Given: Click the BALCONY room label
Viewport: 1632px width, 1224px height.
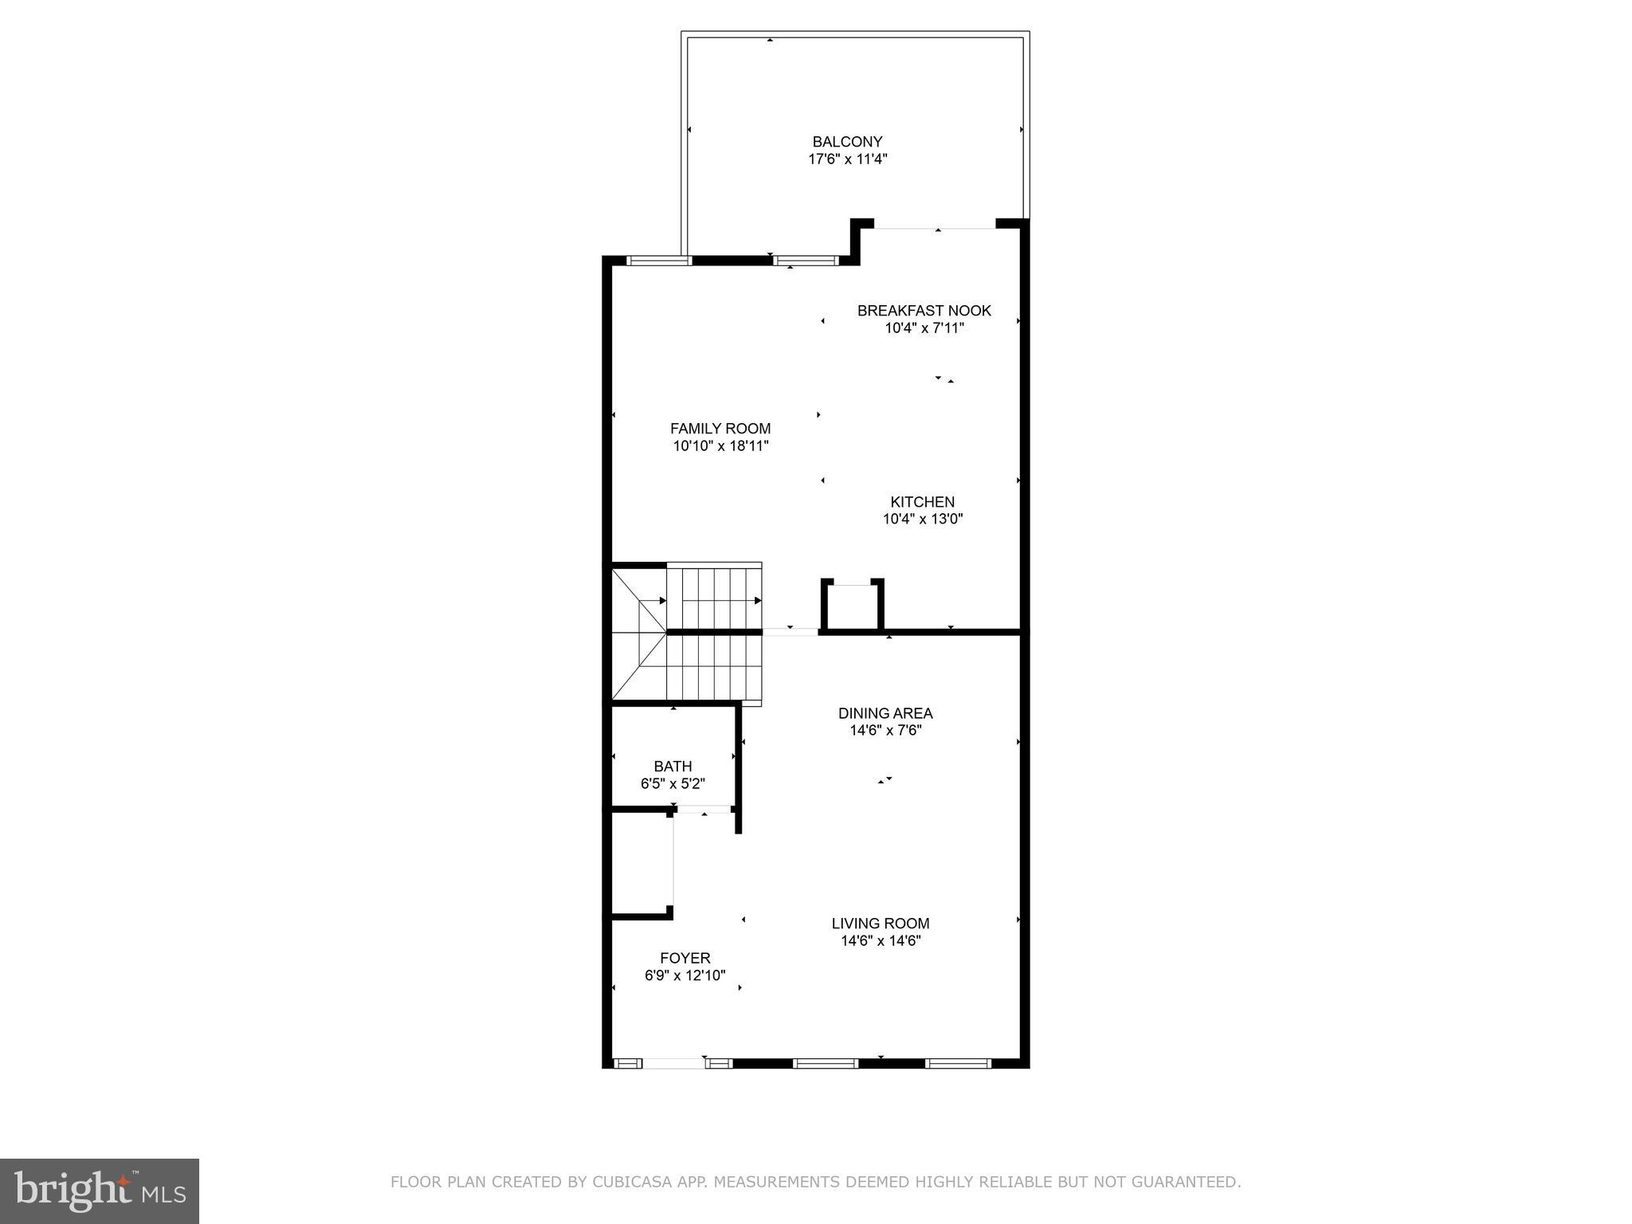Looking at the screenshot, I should click(847, 142).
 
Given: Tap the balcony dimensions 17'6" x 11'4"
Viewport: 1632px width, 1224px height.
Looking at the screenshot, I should click(847, 159).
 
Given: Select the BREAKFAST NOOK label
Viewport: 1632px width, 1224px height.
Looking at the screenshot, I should click(924, 311).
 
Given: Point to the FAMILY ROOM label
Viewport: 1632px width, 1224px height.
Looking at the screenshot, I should click(720, 429).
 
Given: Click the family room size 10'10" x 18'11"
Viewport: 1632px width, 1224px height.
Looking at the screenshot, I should click(720, 446).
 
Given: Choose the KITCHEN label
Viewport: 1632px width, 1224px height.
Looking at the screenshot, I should click(922, 502).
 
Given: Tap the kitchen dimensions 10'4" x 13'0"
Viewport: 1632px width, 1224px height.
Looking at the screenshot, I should click(922, 520).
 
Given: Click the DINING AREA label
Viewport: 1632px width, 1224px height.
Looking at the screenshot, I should click(885, 713).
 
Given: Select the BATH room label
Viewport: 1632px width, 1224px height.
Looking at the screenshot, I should click(673, 767).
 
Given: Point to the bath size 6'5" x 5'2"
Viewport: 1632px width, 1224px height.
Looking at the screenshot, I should click(673, 784).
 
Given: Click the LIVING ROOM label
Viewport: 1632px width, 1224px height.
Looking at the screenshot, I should click(881, 924).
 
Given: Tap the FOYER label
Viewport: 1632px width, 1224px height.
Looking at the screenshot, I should click(685, 958).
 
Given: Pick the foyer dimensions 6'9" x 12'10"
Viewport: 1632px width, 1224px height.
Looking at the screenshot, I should click(685, 975).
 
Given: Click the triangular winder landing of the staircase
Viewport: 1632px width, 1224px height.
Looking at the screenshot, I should click(637, 634).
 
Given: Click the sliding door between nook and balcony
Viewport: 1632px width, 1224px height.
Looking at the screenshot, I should click(935, 229).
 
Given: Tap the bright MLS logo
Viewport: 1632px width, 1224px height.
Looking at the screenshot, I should click(100, 1191).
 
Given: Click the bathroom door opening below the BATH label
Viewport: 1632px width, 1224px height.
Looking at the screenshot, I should click(703, 810).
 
